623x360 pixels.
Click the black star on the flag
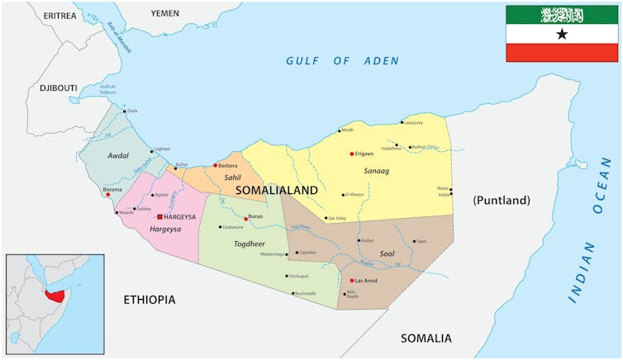pos(562,34)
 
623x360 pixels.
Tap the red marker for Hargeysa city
pos(159,216)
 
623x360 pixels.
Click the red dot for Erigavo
pos(352,154)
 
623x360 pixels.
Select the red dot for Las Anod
pos(352,280)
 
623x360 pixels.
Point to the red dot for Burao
pos(246,219)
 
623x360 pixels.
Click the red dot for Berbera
pos(216,165)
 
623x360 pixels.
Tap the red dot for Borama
pos(107,195)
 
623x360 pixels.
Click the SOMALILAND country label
pos(276,190)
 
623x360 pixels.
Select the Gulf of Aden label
pos(342,61)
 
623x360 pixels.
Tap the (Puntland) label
pos(501,201)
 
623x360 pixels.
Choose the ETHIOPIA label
pos(149,300)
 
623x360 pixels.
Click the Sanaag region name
pos(376,170)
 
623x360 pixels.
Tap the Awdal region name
pos(118,155)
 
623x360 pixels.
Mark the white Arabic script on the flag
pos(562,14)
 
